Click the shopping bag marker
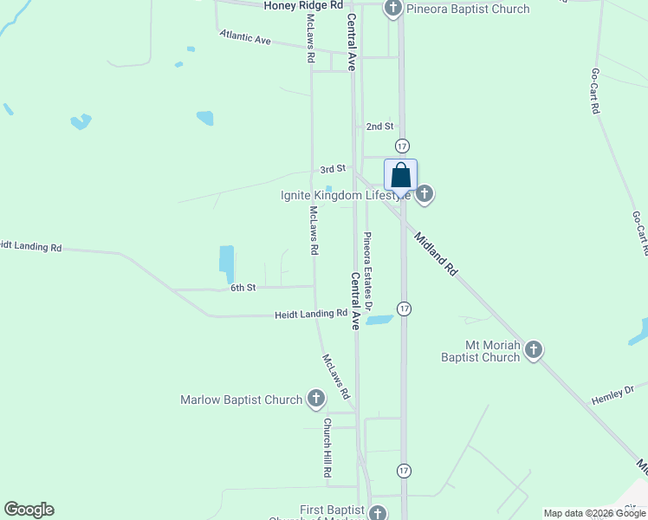click(400, 175)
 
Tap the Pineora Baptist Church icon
click(392, 10)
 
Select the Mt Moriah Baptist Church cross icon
click(534, 350)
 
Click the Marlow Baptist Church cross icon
click(316, 400)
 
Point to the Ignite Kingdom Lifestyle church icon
click(424, 194)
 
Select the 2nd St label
click(379, 127)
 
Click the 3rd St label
click(332, 169)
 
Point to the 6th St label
click(243, 288)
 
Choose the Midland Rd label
click(435, 254)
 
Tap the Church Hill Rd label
click(328, 449)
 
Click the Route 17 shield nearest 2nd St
click(403, 146)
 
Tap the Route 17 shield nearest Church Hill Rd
click(404, 471)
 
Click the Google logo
click(29, 510)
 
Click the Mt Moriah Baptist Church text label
click(480, 351)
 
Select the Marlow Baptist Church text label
click(241, 400)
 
